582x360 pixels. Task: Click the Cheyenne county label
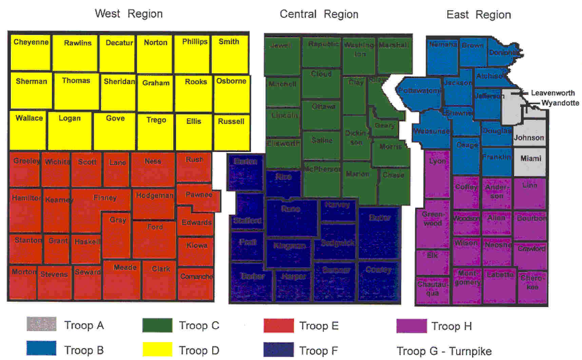(31, 42)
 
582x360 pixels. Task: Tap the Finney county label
(105, 197)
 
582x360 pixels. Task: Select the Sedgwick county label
(337, 243)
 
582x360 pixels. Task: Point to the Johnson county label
(529, 137)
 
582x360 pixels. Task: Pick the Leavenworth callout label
(552, 93)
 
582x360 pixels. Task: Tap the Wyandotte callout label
(560, 103)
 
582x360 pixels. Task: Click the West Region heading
(129, 14)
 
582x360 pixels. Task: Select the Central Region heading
(319, 14)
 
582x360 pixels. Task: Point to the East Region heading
(479, 15)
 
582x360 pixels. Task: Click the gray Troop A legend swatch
(41, 324)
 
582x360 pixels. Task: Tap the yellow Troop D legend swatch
(157, 349)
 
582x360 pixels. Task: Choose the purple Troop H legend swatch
(411, 326)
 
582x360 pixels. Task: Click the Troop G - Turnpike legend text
(444, 351)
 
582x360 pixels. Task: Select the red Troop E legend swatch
(278, 325)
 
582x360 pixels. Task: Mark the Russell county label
(231, 121)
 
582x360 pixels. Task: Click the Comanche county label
(196, 276)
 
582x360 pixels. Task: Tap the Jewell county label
(280, 45)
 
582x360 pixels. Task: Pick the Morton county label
(24, 271)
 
